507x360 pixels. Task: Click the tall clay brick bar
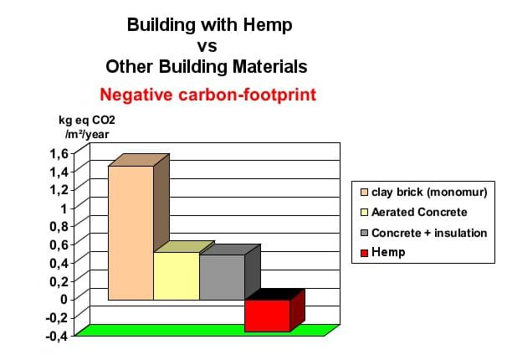pos(131,233)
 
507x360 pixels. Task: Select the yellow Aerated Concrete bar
pos(176,275)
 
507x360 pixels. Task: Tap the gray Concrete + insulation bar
pos(222,277)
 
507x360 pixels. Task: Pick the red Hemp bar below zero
pos(267,315)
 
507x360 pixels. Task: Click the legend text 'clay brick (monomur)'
pos(429,192)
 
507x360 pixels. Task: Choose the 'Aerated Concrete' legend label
pos(419,213)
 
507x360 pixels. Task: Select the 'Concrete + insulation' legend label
pos(429,233)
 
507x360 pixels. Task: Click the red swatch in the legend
pos(363,253)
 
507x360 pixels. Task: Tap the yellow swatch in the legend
pos(363,213)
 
